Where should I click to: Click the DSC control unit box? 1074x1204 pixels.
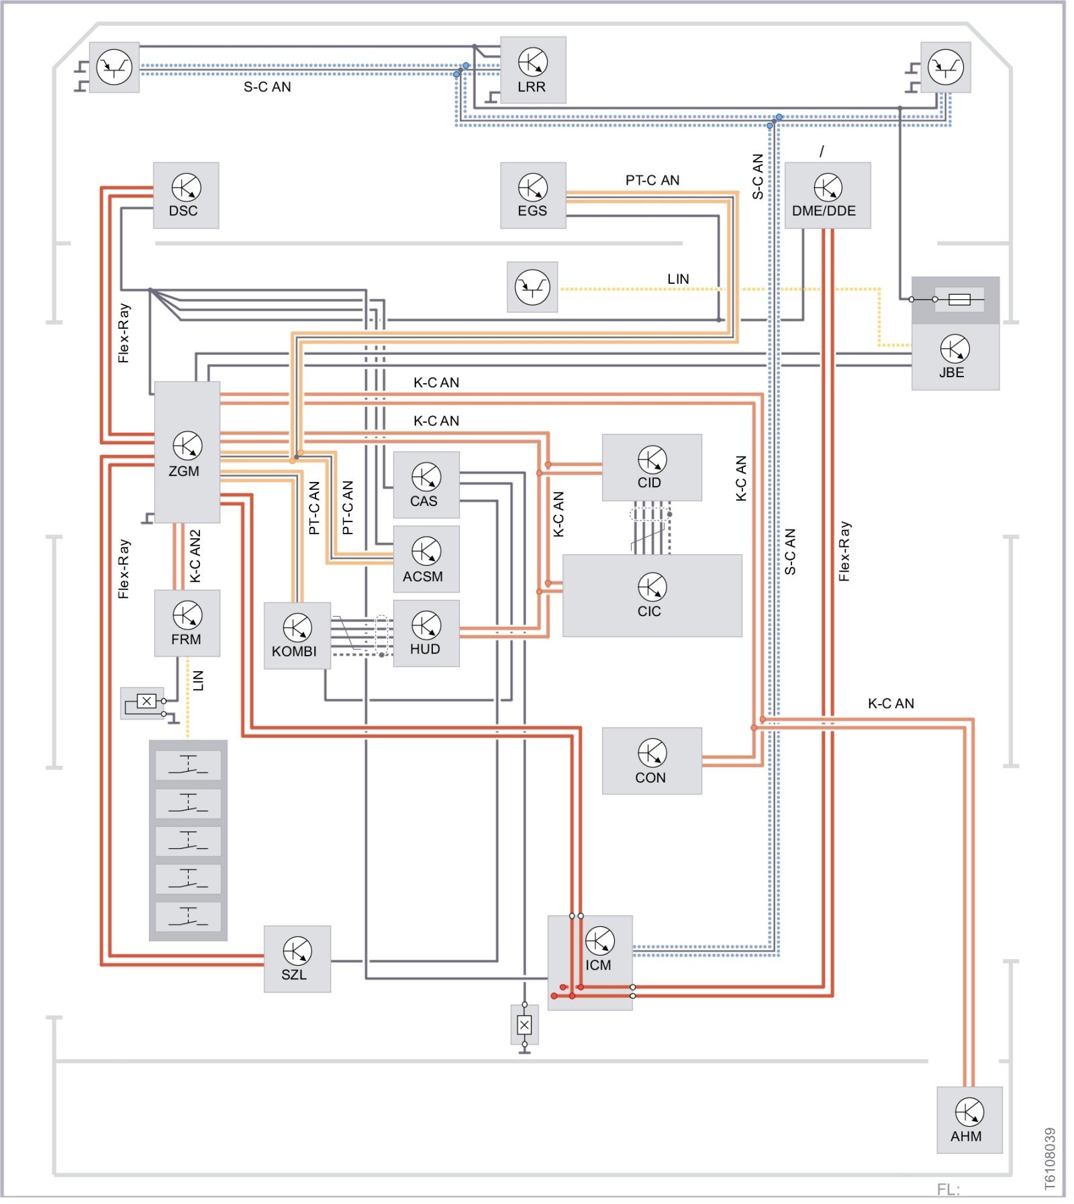tap(185, 195)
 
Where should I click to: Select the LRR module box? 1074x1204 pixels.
tap(533, 70)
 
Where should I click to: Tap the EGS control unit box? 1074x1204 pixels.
tap(533, 195)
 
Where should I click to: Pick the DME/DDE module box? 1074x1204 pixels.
tap(827, 195)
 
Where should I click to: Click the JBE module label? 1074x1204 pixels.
tap(951, 372)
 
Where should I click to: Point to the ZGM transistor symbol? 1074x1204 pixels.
tap(187, 445)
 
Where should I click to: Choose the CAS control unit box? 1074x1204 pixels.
tap(426, 485)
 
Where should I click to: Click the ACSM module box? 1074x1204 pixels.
tap(426, 558)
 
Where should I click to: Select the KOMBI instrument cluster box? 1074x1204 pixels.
tap(297, 636)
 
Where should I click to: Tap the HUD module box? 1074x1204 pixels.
tap(426, 633)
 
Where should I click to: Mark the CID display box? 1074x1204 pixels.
tap(651, 467)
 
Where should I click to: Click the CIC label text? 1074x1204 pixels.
tap(649, 611)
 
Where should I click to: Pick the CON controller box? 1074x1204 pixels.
tap(651, 760)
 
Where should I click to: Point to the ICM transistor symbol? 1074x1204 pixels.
tap(599, 940)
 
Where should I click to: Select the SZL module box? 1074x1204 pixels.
tap(297, 958)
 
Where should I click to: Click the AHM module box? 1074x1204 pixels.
tap(969, 1119)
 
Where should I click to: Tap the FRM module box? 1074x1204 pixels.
tap(187, 623)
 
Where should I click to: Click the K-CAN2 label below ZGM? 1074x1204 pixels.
tap(195, 556)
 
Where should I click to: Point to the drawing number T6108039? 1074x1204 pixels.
tap(1051, 1158)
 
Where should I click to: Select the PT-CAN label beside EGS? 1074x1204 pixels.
tap(652, 180)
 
